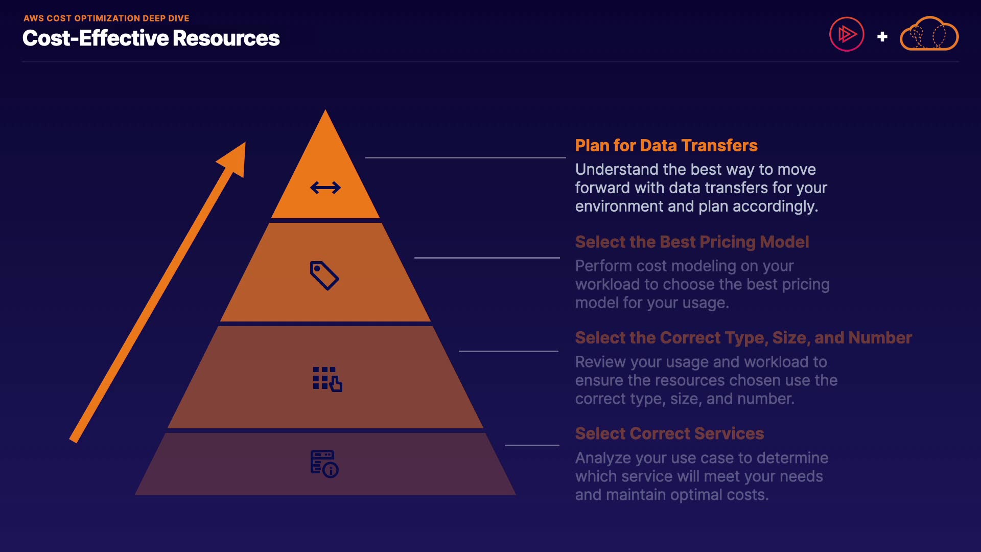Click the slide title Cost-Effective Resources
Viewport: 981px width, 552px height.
151,38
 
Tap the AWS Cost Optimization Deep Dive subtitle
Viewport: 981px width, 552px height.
106,18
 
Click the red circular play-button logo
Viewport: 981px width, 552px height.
847,35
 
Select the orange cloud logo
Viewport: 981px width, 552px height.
929,35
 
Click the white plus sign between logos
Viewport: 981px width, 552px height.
882,37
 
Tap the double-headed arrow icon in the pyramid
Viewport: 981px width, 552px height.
325,188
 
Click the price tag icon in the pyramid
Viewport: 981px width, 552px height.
324,275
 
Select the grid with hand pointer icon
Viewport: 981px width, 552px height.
327,379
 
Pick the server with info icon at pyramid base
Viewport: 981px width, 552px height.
324,464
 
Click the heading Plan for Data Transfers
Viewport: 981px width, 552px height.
666,146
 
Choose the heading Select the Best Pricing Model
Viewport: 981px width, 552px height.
692,242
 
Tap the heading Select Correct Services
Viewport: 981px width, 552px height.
669,433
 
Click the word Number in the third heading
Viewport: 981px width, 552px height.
880,338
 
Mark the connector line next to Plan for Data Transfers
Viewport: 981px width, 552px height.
465,157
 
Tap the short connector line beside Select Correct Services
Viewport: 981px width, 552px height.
532,445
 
